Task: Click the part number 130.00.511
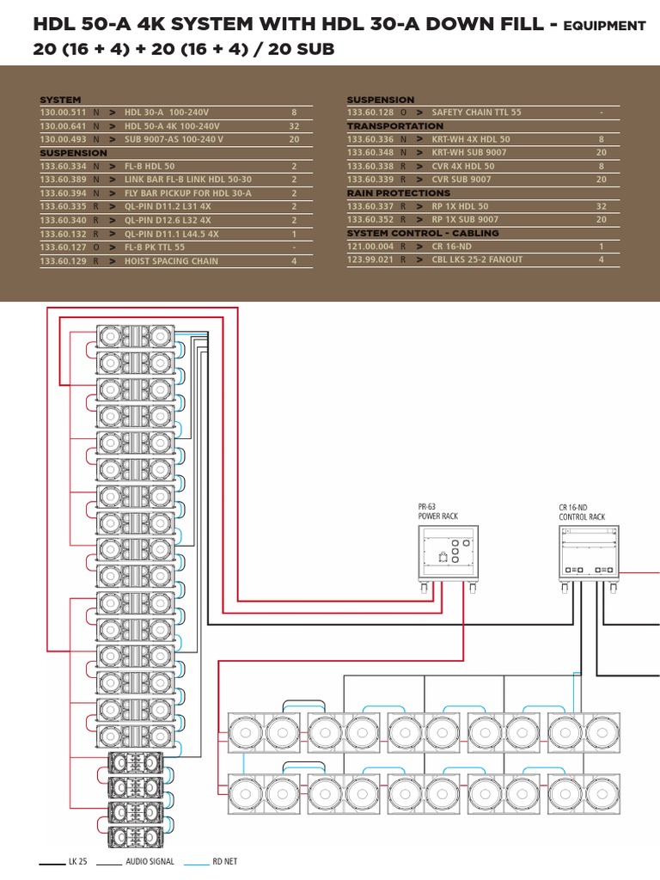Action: [x=63, y=113]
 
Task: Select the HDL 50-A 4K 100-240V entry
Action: [x=172, y=126]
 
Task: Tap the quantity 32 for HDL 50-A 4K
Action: [x=294, y=126]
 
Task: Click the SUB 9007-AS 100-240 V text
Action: [x=174, y=139]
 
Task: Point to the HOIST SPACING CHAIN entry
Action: [x=171, y=261]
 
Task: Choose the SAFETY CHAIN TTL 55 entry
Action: [x=476, y=113]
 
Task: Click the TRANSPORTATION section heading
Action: [x=395, y=126]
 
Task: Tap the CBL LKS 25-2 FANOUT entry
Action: [x=477, y=260]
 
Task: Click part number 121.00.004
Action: [x=370, y=247]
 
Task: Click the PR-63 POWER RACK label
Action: [x=437, y=513]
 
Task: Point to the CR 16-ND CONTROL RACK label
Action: [x=582, y=513]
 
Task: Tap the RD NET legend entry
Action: [x=225, y=861]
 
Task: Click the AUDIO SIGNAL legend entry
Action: [x=150, y=861]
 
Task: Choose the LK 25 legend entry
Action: [x=78, y=861]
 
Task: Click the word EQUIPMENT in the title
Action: [x=605, y=27]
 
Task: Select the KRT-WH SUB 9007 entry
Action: [x=468, y=153]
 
